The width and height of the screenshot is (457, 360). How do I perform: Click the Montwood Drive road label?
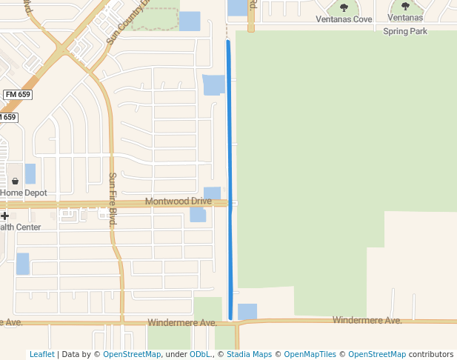178,201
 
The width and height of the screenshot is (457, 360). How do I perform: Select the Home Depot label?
24,193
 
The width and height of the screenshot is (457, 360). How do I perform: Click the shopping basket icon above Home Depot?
15,181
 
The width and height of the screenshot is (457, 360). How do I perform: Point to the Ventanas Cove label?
344,19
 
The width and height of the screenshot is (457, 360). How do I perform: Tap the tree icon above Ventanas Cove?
344,7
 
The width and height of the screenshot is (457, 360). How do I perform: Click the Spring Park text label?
405,31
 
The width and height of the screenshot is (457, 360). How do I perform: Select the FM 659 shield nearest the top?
18,95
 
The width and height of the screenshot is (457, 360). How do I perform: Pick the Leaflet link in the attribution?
41,354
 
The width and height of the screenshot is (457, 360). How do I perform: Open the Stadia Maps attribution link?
249,354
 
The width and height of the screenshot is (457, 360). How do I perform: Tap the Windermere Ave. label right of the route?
367,320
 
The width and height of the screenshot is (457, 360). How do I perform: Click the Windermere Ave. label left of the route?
181,323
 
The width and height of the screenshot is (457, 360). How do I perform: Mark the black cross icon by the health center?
4,216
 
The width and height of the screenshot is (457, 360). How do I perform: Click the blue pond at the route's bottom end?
247,311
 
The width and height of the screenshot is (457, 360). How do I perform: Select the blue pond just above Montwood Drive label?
212,193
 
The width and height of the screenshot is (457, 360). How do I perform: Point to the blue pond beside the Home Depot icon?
30,174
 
